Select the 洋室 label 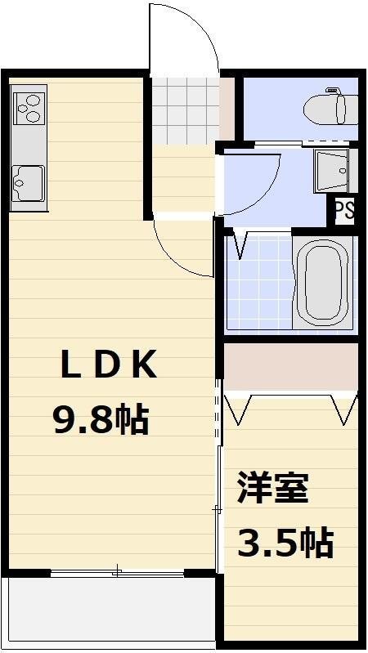coord(272,487)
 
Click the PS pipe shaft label coord(344,210)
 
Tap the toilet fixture coord(330,107)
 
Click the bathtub coord(323,283)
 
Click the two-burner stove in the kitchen coord(28,107)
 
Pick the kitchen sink coord(28,181)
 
